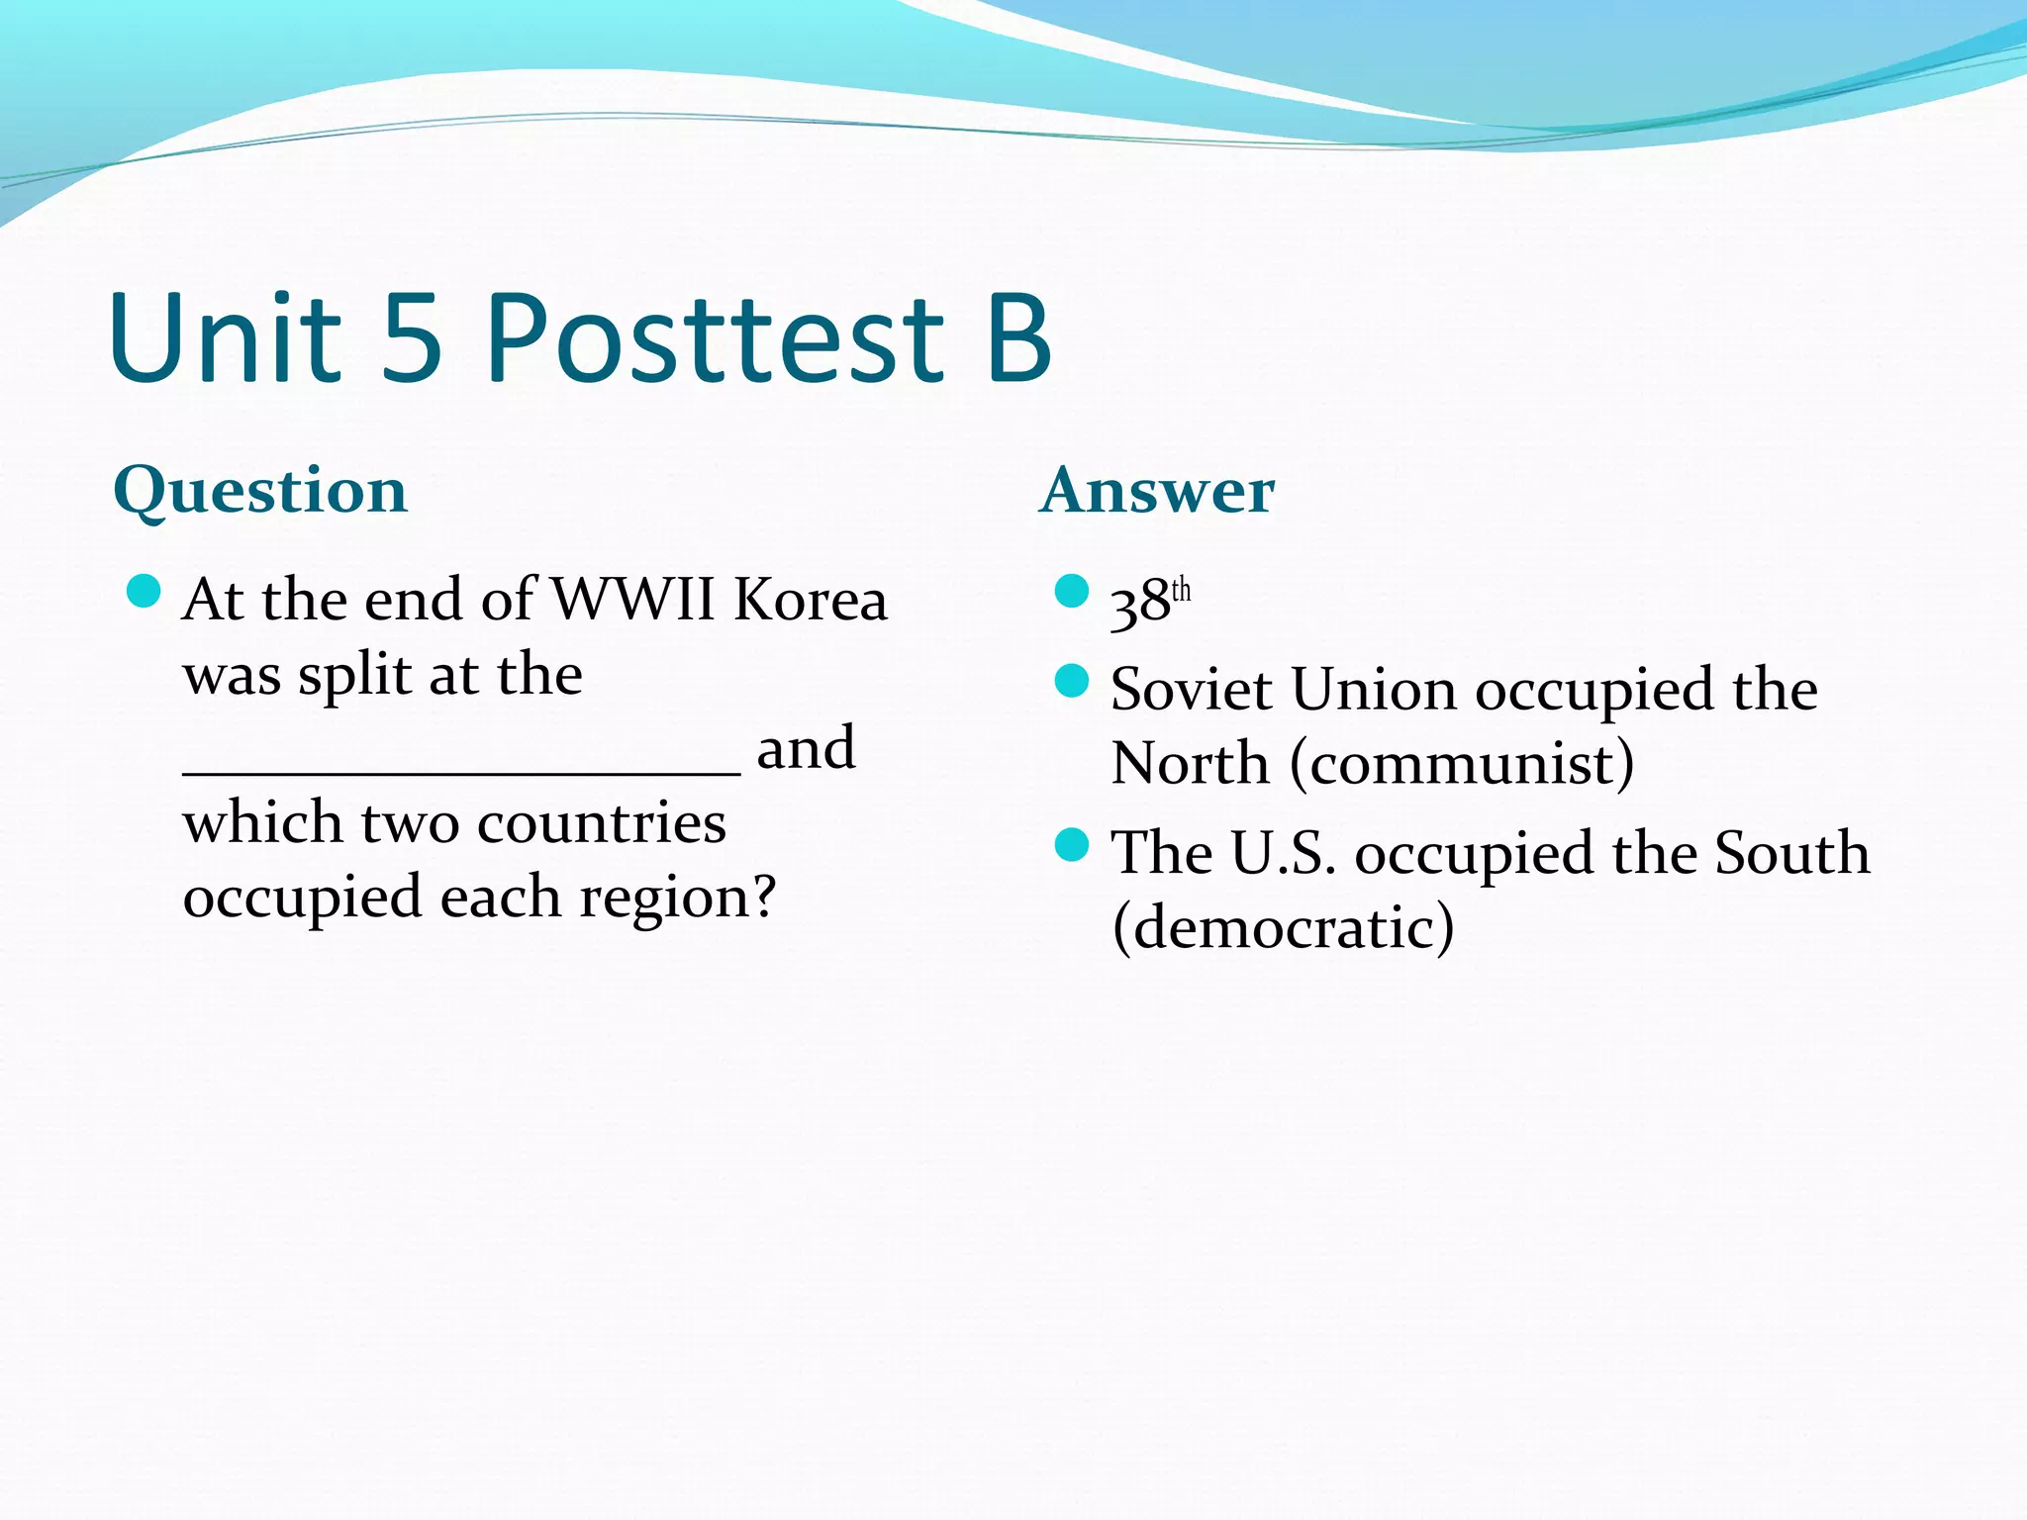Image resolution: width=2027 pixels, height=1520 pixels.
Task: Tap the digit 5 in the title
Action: point(411,338)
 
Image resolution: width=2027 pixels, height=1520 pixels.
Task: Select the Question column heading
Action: point(260,491)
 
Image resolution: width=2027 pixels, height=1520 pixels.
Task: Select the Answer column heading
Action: point(1157,491)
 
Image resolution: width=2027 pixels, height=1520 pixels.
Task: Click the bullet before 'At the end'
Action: point(145,592)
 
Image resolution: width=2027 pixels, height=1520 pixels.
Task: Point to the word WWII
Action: point(632,600)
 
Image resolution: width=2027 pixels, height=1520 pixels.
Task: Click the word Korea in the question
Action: point(811,600)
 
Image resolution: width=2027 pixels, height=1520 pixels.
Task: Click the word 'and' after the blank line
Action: point(806,748)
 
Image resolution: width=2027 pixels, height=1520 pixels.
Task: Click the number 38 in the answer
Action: point(1139,604)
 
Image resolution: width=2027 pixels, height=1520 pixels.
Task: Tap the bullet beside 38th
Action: point(1072,592)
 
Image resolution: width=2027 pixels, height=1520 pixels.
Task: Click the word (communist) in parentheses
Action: point(1462,764)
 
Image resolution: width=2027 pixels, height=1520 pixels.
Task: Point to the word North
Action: point(1190,764)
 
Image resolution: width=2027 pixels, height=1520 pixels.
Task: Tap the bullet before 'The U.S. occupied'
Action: point(1072,845)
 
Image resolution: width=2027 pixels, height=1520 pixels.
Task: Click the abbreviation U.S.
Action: point(1283,853)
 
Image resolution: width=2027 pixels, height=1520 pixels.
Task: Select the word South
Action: point(1791,853)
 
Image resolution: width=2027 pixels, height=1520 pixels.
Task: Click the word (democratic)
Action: point(1283,928)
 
